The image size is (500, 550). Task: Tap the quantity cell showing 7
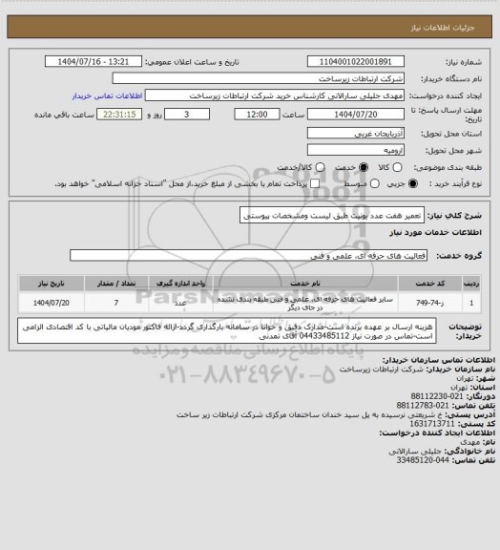pyautogui.click(x=116, y=302)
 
